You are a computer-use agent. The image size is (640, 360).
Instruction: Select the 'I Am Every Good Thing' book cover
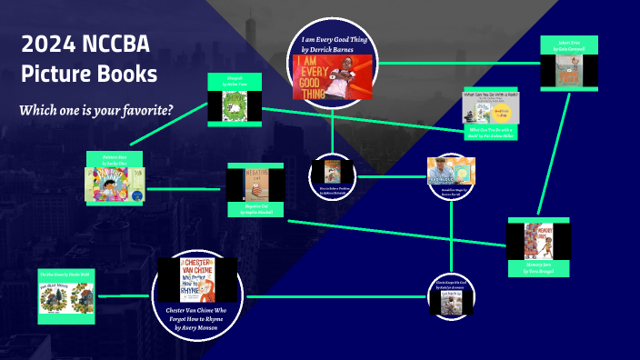pyautogui.click(x=332, y=77)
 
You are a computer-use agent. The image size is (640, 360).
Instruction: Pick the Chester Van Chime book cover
pyautogui.click(x=197, y=279)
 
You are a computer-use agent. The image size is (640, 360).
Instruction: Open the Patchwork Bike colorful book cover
pyautogui.click(x=114, y=183)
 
